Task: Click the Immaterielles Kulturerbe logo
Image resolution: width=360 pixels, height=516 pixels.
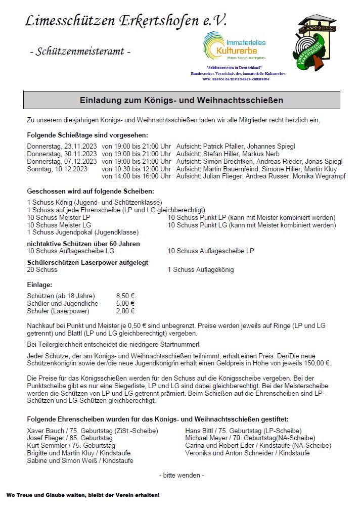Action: click(x=234, y=46)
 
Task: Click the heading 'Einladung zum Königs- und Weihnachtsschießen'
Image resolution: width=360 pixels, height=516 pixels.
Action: click(x=181, y=100)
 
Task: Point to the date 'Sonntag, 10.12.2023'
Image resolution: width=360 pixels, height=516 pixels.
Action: click(x=57, y=169)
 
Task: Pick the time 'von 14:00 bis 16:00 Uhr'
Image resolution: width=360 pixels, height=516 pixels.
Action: click(x=137, y=176)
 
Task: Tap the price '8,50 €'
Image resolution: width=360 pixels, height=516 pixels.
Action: click(x=125, y=296)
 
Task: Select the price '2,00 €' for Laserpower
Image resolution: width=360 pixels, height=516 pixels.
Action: click(x=125, y=311)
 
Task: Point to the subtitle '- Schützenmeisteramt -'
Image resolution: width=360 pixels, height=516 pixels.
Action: click(x=80, y=51)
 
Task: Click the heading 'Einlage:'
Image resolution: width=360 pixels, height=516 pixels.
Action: click(x=39, y=285)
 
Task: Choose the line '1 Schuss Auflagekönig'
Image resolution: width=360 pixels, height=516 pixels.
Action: click(x=201, y=270)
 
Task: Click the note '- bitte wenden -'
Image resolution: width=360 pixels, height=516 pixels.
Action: click(x=182, y=475)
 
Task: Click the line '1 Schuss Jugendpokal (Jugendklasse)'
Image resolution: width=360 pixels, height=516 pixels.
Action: click(x=83, y=232)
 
